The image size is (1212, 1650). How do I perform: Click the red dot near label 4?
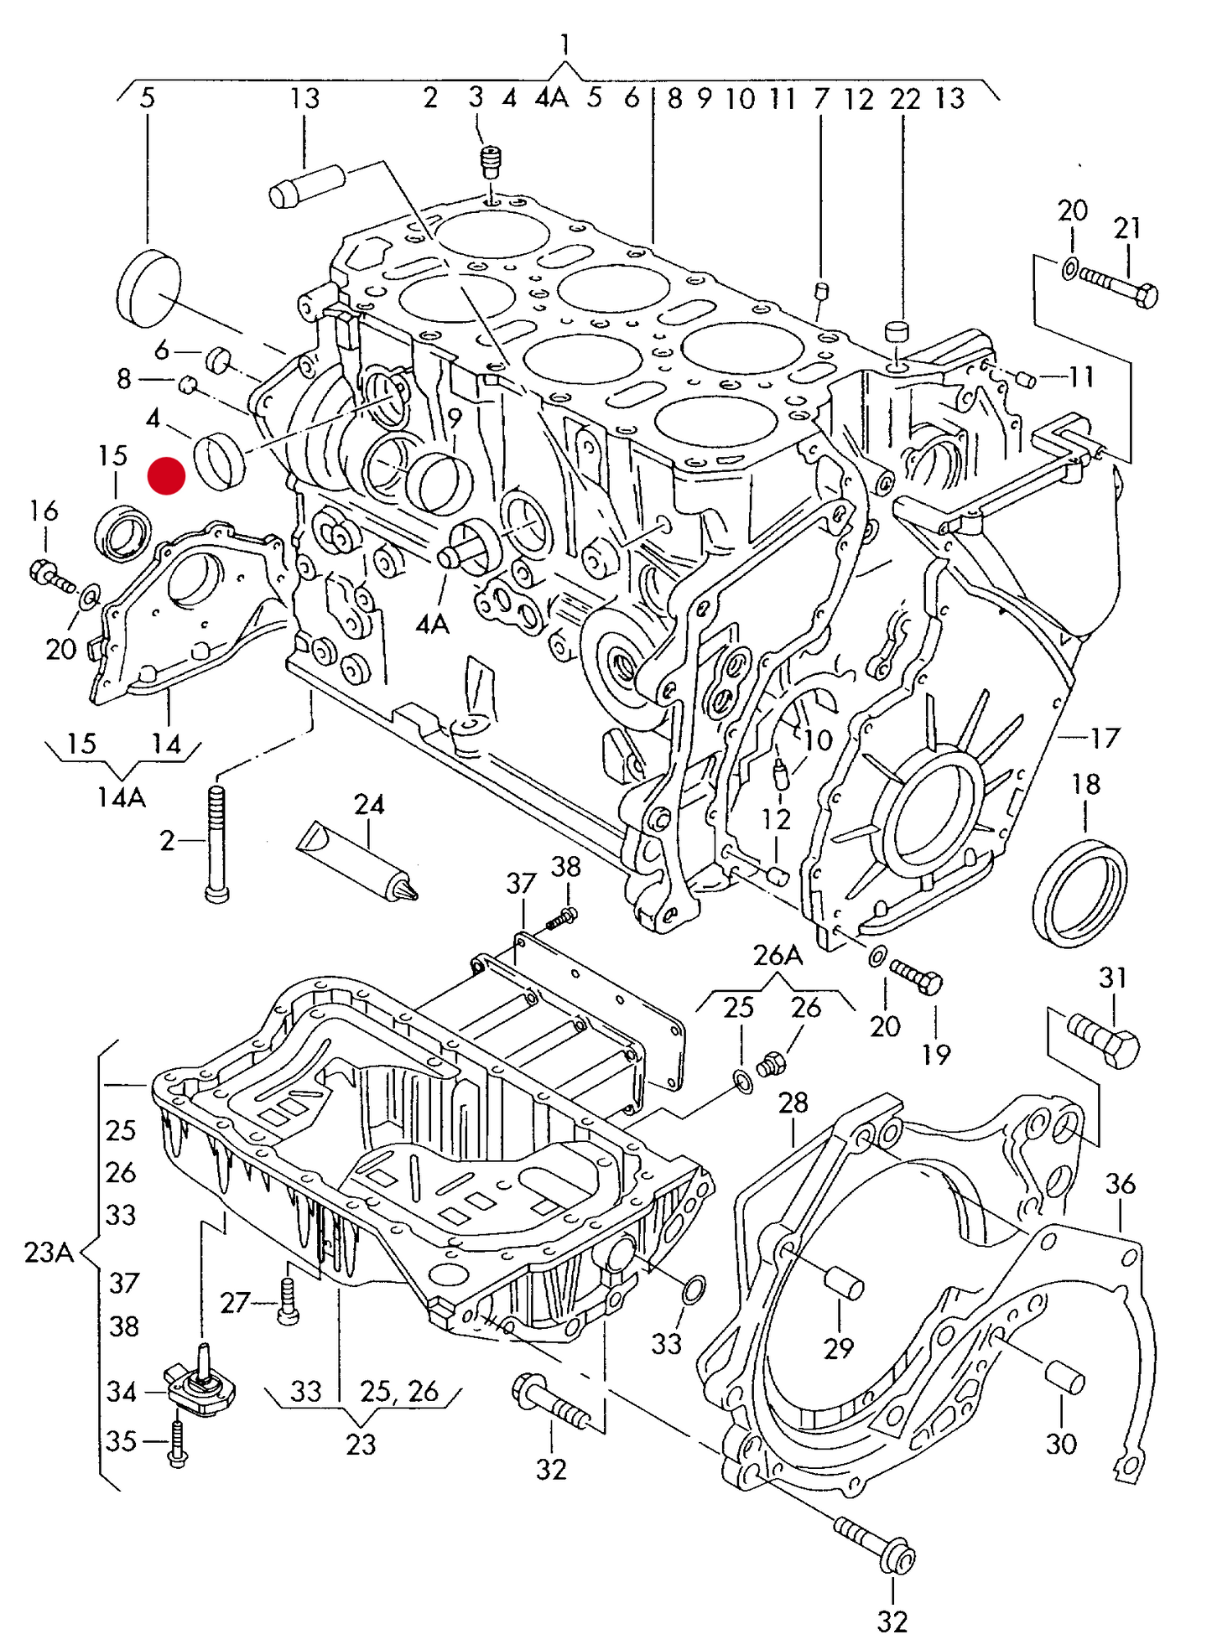(x=166, y=475)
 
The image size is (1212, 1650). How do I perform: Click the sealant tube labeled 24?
(x=356, y=861)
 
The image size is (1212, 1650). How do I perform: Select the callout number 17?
(x=1105, y=738)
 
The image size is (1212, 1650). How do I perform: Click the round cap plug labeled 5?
(x=148, y=287)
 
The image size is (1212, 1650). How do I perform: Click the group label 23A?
(x=49, y=1252)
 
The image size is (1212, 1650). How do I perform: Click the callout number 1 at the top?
(x=564, y=43)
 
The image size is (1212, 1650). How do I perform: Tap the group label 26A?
(x=778, y=955)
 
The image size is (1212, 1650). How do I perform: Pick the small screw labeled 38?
(x=561, y=918)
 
